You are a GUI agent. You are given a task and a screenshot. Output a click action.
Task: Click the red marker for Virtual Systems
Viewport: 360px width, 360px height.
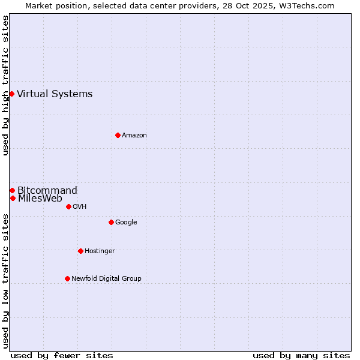11,94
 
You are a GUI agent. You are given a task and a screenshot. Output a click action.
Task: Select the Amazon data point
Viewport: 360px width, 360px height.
118,135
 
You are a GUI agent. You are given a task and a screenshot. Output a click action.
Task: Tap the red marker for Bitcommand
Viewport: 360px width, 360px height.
12,190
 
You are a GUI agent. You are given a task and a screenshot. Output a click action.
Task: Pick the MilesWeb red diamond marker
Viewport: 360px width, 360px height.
13,198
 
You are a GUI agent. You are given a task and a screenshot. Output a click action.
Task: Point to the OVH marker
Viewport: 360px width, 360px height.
68,206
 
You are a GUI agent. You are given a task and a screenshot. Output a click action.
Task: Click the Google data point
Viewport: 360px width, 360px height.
111,222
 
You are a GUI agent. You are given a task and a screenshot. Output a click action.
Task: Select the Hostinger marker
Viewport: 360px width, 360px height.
80,251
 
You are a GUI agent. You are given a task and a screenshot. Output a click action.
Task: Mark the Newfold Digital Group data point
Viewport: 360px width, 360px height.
67,278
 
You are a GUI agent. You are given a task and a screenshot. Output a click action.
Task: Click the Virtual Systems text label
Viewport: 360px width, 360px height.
55,94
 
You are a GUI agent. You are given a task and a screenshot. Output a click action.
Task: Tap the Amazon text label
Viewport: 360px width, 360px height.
134,135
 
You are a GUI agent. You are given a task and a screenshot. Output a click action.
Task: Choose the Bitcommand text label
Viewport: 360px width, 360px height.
47,190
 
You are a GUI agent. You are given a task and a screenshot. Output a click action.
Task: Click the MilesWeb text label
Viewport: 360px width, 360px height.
40,199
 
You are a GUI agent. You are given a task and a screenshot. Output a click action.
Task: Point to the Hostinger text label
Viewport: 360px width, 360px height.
100,251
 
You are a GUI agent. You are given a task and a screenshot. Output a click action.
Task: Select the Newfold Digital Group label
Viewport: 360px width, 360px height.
106,278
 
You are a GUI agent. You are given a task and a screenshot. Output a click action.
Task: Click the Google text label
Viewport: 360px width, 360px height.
126,222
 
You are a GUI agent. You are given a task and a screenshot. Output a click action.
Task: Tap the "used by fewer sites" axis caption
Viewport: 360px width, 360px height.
62,355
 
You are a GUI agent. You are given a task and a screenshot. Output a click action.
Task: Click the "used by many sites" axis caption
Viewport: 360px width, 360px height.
301,355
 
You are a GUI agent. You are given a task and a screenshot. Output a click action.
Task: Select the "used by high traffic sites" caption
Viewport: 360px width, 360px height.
5,85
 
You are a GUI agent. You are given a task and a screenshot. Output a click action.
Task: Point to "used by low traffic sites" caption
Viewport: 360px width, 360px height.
5,280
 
